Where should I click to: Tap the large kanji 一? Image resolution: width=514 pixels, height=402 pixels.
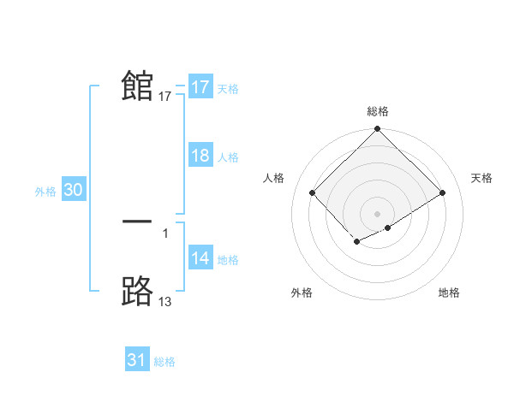tap(137, 222)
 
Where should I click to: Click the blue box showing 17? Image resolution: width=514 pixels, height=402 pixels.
tap(200, 86)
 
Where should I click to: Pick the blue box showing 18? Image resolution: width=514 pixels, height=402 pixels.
tap(200, 156)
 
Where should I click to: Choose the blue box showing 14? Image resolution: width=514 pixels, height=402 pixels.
tap(200, 258)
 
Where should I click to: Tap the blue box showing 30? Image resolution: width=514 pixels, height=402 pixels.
tap(74, 191)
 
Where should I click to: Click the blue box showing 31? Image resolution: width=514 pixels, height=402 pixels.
tap(137, 360)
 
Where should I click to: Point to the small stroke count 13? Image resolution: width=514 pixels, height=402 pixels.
tap(165, 301)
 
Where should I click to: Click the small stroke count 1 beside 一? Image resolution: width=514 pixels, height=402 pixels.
tap(165, 232)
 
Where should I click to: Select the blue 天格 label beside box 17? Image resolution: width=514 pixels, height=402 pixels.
tap(228, 88)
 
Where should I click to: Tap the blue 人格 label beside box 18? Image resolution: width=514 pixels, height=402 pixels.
tap(228, 157)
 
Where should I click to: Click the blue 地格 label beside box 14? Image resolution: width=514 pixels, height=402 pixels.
tap(228, 260)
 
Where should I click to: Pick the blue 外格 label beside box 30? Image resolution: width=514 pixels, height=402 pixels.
tap(45, 192)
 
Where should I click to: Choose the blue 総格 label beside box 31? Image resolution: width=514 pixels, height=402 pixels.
tap(164, 362)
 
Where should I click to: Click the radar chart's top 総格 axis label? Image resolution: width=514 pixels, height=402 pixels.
tap(378, 111)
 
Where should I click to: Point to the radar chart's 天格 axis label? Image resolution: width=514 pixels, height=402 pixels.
tap(482, 178)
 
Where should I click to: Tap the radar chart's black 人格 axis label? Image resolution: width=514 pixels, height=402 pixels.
tap(274, 178)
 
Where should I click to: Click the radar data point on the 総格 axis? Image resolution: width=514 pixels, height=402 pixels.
tap(378, 130)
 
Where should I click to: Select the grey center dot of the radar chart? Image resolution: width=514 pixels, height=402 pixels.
tap(378, 213)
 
